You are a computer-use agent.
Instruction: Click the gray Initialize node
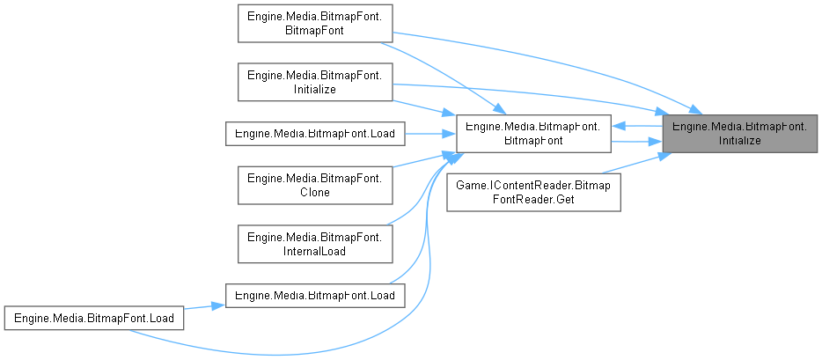tap(740, 133)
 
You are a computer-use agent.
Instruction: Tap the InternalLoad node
tap(314, 243)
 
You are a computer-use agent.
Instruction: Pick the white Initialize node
tap(314, 83)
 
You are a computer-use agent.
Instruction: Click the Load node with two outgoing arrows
tap(95, 316)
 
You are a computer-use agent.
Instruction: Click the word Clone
tap(314, 192)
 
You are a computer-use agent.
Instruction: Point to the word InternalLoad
tap(314, 250)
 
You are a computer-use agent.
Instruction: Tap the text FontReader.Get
tap(534, 200)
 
